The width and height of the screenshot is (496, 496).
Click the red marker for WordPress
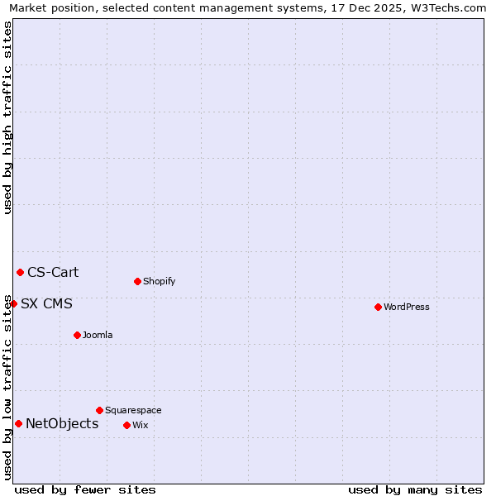pos(378,307)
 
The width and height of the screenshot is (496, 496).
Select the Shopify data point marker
pos(137,281)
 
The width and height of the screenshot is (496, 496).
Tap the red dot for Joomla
pos(77,335)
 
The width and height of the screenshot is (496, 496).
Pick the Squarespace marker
pos(99,410)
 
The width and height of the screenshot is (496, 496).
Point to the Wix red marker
pos(126,425)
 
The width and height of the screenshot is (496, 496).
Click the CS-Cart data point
pos(20,272)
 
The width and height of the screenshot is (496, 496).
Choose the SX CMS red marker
pos(13,303)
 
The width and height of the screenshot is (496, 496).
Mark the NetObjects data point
pos(18,423)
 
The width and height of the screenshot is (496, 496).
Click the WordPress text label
pos(407,307)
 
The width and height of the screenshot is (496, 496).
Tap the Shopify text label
pos(159,281)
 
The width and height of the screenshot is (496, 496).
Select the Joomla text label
pos(98,335)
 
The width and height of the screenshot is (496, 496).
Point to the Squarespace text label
pos(133,410)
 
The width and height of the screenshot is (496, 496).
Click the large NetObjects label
pos(62,424)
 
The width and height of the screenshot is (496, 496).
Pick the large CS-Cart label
pos(53,273)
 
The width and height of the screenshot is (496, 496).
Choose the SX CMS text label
pos(46,304)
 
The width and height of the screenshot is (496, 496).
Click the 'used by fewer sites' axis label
pos(85,489)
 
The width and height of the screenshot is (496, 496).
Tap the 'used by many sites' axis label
pos(415,489)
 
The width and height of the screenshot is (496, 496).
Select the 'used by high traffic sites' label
pos(7,117)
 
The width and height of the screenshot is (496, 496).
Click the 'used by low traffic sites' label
pos(7,387)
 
